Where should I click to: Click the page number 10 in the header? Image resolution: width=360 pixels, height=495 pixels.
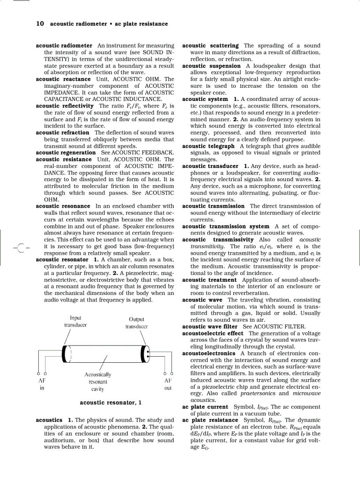40,24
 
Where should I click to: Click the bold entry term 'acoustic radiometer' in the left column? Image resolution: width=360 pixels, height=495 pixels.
64,45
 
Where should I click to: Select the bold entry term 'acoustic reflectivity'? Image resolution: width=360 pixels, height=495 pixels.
65,106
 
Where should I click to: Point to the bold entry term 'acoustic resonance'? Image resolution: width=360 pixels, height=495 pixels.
63,206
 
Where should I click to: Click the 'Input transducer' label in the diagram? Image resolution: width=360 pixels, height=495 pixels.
75,321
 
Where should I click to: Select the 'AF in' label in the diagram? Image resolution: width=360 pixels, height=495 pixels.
42,384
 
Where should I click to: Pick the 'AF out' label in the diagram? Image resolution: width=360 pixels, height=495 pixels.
168,384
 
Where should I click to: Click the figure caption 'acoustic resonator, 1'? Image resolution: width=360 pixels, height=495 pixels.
111,402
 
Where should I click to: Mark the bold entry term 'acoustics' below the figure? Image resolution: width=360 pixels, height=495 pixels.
49,420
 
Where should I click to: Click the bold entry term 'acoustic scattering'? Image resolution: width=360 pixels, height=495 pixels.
210,45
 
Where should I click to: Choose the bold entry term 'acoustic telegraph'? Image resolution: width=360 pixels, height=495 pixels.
208,146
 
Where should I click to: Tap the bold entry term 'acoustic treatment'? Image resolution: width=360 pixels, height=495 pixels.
209,279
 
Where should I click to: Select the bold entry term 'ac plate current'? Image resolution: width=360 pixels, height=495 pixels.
205,407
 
